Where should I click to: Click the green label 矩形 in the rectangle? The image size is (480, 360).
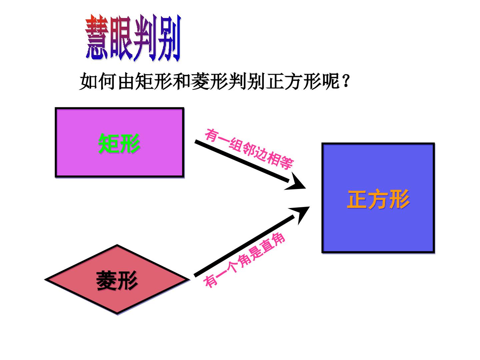click(x=119, y=143)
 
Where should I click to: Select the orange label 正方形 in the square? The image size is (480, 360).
click(x=378, y=199)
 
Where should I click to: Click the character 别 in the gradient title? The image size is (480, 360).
click(x=169, y=38)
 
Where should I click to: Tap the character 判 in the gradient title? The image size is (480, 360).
click(x=145, y=38)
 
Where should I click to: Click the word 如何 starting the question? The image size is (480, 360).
click(x=98, y=81)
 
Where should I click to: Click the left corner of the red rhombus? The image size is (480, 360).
click(x=45, y=279)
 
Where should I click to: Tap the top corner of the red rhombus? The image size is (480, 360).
click(x=117, y=245)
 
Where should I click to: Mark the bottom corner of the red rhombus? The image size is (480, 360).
click(x=117, y=314)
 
